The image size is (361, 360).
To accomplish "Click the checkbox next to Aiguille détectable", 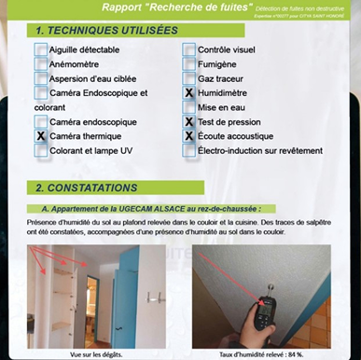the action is [41, 49].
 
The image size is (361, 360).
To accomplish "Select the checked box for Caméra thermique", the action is [41, 135].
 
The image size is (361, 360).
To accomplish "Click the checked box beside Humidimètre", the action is [189, 93].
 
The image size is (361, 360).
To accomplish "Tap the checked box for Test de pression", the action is [189, 121].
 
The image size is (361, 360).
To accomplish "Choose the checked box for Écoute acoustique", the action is [189, 135].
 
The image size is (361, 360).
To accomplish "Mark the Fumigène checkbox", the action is [189, 64].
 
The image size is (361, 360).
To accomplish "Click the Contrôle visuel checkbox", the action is [189, 49].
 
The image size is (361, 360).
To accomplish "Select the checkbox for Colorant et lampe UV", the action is [41, 150].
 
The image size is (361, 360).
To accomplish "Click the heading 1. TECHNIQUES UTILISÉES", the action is [106, 30].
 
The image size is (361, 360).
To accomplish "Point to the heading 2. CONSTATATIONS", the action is [92, 187].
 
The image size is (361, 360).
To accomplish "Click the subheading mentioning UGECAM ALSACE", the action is [157, 209].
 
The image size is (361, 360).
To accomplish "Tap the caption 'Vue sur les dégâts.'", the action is [94, 354].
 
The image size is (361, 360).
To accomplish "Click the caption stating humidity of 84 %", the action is [260, 354].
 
